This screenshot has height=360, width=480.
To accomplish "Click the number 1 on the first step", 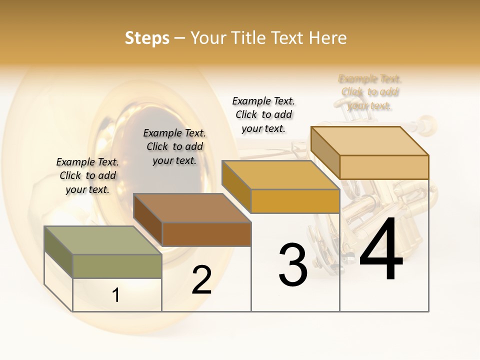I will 116,295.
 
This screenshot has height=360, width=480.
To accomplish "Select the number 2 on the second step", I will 201,280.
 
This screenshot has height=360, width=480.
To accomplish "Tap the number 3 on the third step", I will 293,265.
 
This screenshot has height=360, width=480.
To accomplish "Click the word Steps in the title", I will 147,38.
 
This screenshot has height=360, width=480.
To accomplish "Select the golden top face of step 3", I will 280,175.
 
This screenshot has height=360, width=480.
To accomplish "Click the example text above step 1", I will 87,175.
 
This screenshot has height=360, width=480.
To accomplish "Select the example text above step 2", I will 174,146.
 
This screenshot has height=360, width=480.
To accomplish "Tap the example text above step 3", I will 263,114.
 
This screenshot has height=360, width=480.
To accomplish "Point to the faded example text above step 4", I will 370,92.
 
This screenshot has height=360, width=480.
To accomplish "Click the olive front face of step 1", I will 117,266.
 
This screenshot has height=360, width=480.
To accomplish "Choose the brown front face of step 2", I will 206,234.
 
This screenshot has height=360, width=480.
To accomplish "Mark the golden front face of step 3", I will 295,201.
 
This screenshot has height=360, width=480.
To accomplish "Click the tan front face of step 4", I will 384,167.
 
